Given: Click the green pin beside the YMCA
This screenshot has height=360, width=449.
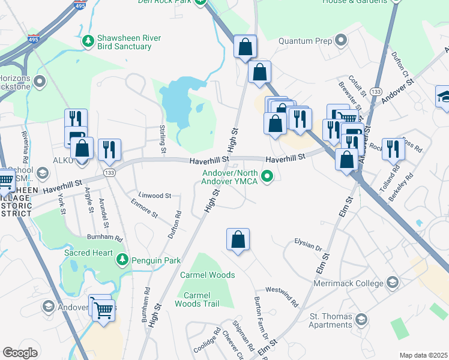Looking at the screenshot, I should coord(268,176).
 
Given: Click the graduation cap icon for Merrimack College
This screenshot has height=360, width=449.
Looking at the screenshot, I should coord(392,282).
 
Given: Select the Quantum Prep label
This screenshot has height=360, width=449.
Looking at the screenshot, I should coord(306,41).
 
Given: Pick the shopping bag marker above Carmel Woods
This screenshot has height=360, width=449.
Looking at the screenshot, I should coord(238,240).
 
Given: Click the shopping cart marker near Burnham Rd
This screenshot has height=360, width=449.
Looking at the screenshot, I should coord(104,311).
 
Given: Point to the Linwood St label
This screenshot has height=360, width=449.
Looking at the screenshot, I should coord(155,196).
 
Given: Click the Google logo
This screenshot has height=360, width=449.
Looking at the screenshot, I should coord(20,353).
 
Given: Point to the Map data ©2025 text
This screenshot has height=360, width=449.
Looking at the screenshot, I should coord(423,355).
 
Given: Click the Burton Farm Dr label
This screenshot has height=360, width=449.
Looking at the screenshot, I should coord(261,314).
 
